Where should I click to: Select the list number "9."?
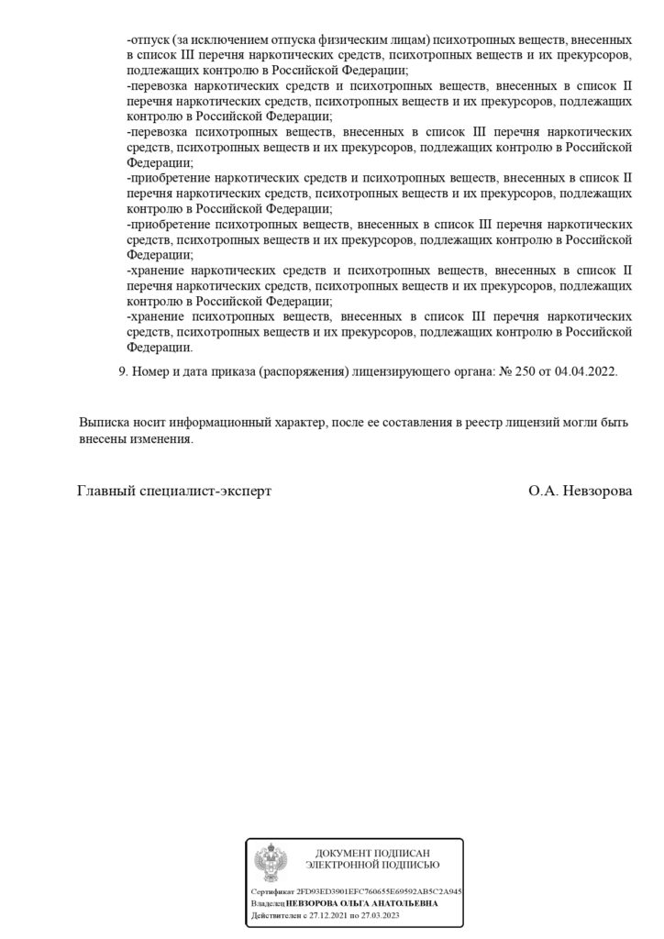pyautogui.click(x=125, y=374)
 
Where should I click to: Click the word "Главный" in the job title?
pyautogui.click(x=104, y=491)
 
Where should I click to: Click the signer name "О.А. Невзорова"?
pyautogui.click(x=581, y=491)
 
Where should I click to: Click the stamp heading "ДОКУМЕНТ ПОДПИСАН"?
pyautogui.click(x=372, y=853)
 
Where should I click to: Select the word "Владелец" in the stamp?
pyautogui.click(x=268, y=903)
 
